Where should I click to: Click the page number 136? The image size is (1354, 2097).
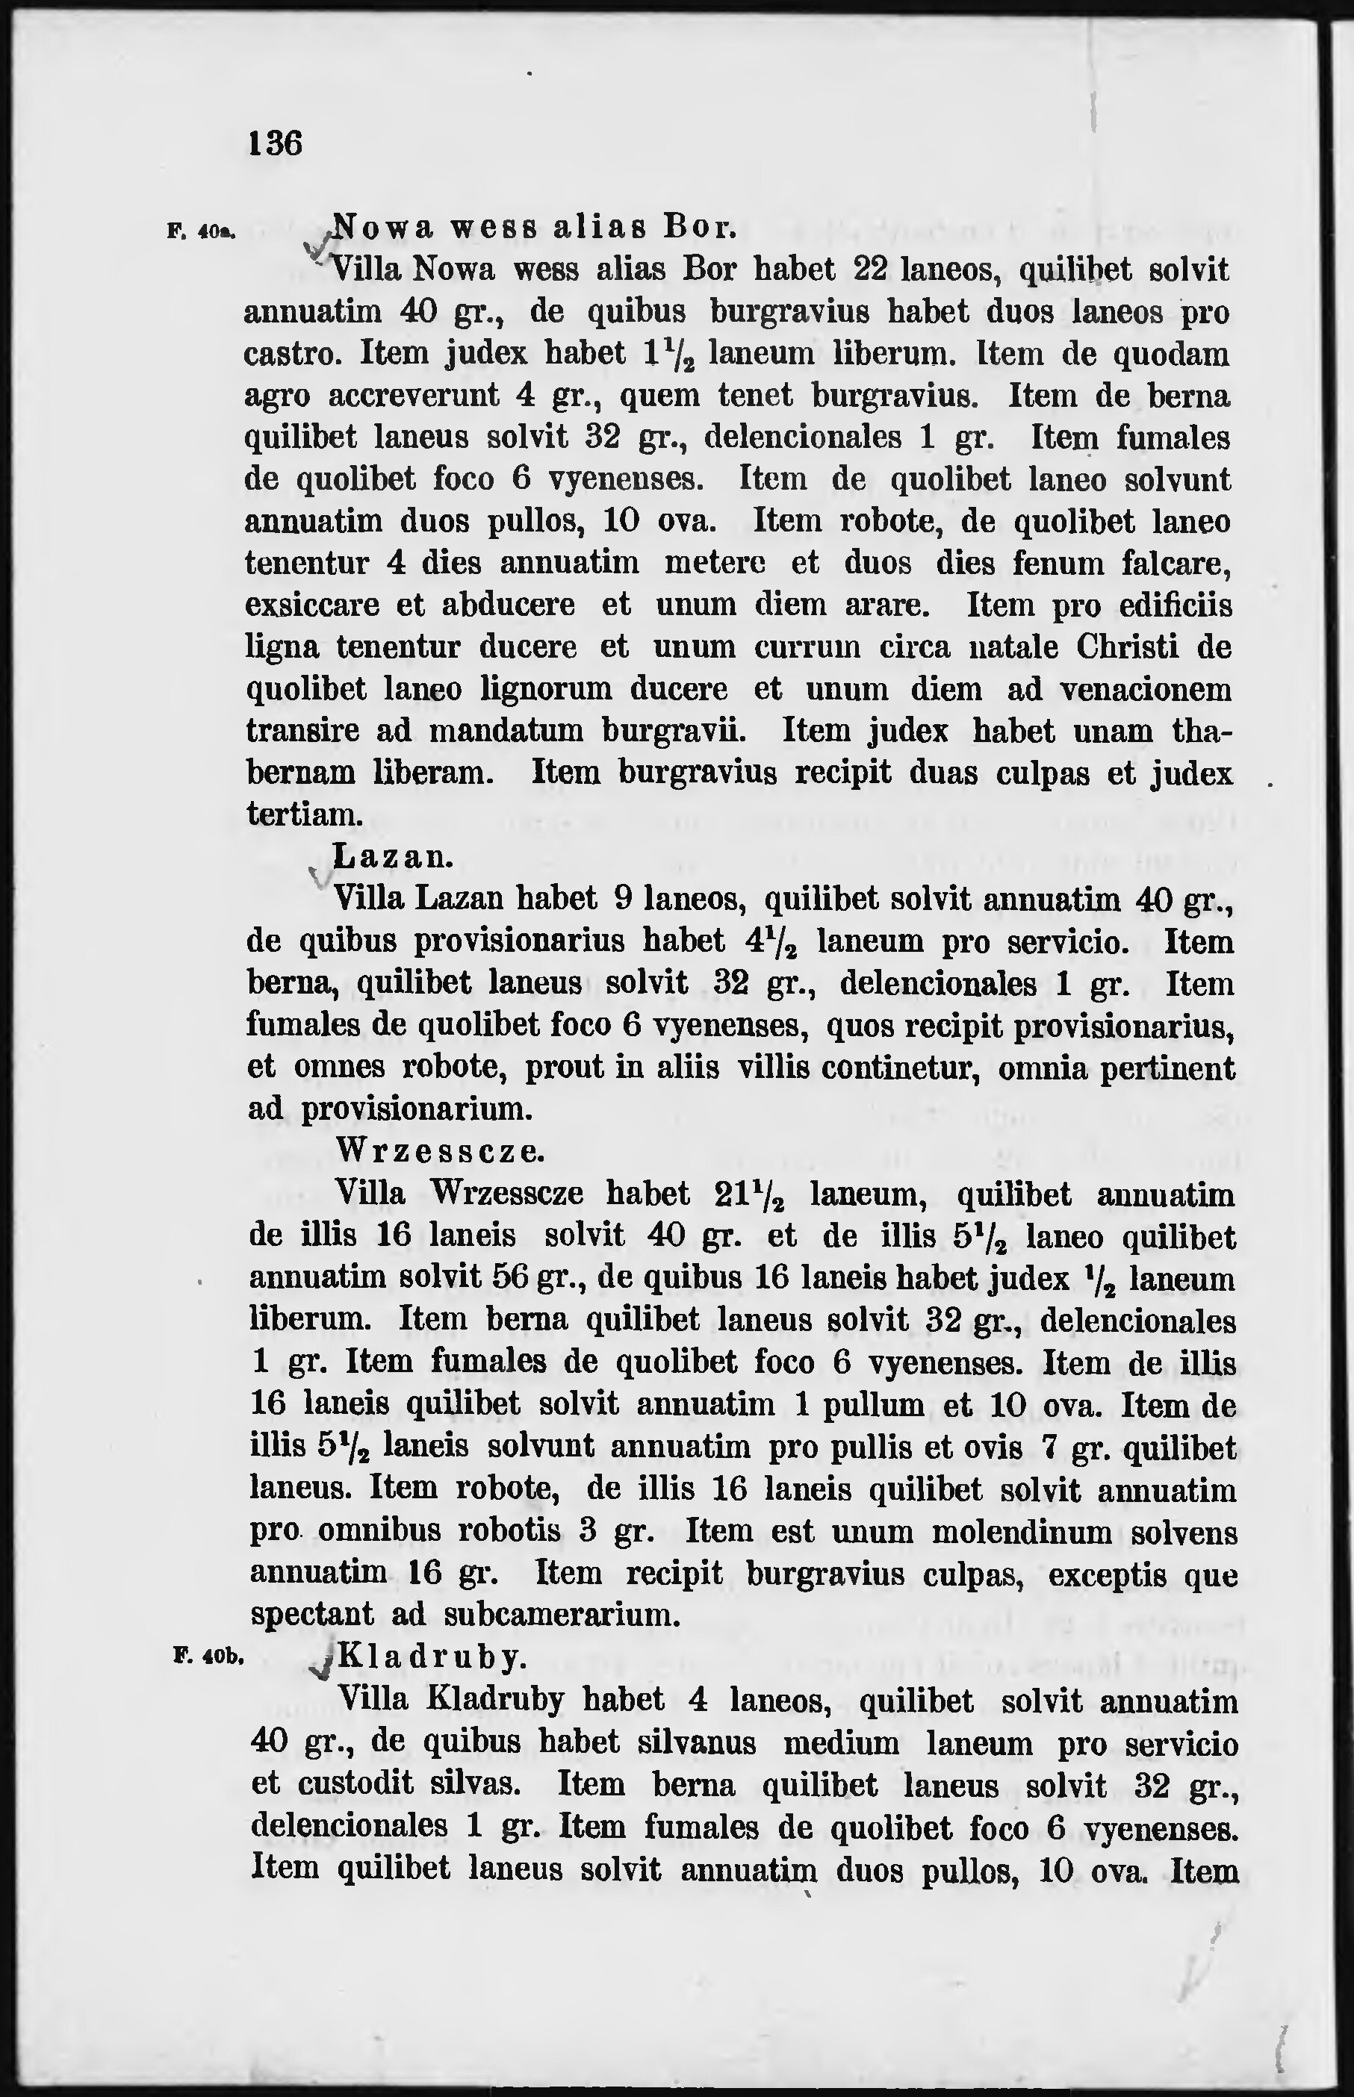(x=275, y=143)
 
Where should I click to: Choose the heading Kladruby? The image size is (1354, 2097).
(x=432, y=1657)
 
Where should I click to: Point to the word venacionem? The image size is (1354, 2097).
(x=1146, y=689)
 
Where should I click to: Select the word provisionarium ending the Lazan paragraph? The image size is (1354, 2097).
(x=417, y=1109)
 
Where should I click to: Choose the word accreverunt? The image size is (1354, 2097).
(x=413, y=396)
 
